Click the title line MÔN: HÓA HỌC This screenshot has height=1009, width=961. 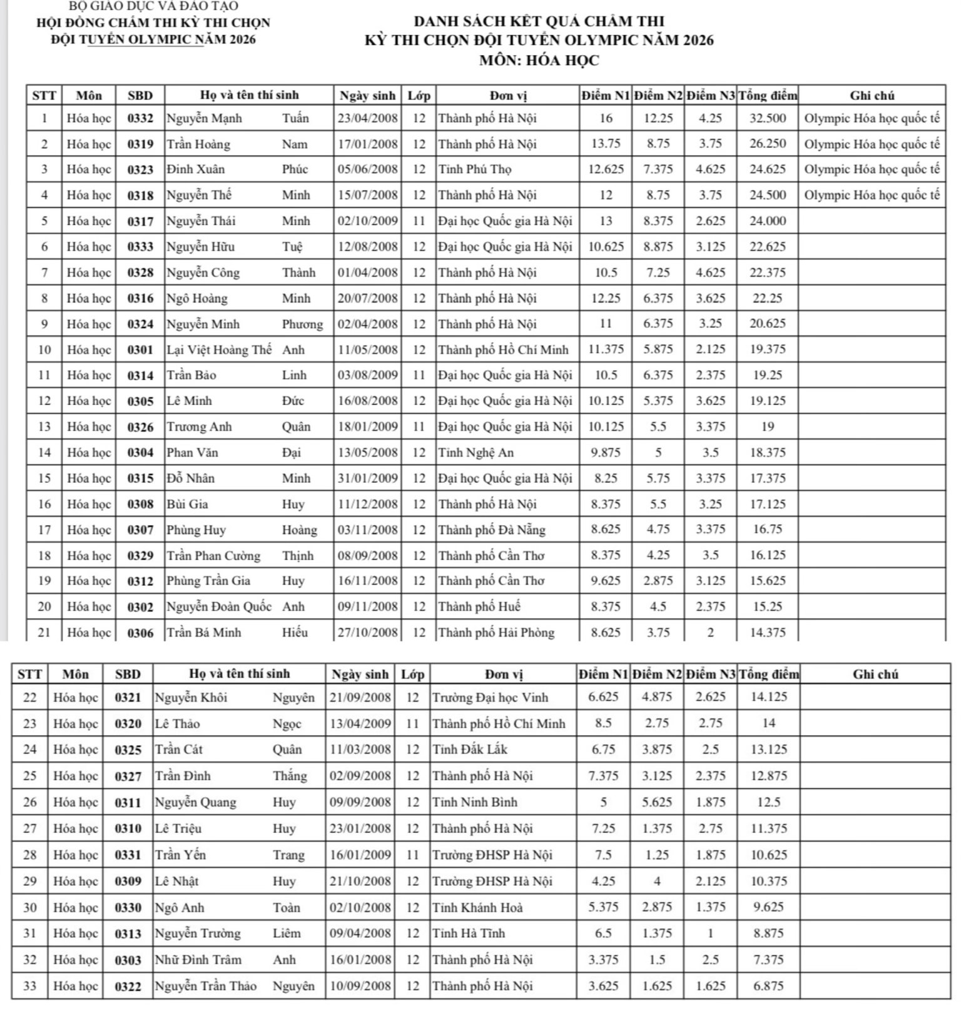[539, 61]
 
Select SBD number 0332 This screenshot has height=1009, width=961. [140, 118]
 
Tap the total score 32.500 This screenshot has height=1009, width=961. [768, 118]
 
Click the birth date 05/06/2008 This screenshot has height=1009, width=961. [367, 169]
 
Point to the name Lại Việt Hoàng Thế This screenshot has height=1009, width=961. [219, 349]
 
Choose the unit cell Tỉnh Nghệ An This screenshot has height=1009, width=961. [475, 453]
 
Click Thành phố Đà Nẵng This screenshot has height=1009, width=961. [491, 530]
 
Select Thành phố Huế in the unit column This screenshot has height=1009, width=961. [479, 606]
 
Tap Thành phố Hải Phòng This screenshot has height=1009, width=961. [496, 632]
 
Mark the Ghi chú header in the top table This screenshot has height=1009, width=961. [872, 96]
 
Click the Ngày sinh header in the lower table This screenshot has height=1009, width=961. [360, 674]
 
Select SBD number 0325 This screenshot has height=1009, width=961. [128, 750]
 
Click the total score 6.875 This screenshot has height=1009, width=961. [768, 986]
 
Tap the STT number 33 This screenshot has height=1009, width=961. [29, 986]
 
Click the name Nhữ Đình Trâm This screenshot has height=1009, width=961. [198, 960]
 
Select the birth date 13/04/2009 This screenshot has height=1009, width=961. [360, 723]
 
